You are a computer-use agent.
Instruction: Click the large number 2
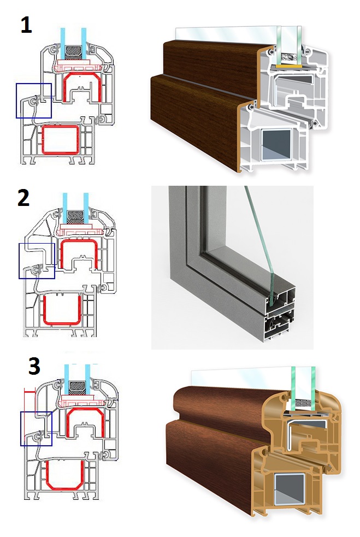[x=24, y=198]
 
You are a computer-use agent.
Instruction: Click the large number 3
[x=34, y=366]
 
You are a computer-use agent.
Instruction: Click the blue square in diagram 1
[x=34, y=101]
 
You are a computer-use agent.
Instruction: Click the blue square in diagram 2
[x=37, y=261]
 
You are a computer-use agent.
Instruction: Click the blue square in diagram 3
[x=36, y=428]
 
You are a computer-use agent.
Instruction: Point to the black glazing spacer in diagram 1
[x=74, y=53]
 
